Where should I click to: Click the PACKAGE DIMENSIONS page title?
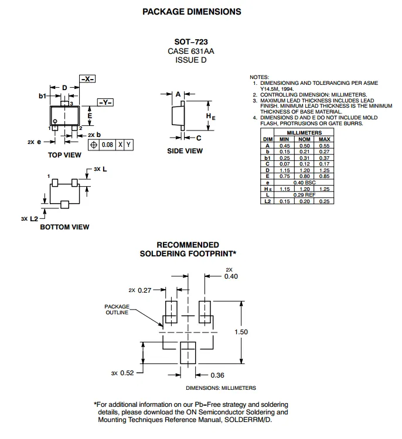point(192,12)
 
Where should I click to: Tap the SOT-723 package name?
point(191,42)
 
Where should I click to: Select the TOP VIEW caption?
point(64,155)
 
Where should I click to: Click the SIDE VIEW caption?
point(185,151)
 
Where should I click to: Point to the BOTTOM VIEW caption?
point(64,227)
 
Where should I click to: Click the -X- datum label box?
point(87,79)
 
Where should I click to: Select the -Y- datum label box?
point(105,102)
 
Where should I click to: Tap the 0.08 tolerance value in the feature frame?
point(107,144)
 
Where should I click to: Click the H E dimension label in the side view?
point(210,116)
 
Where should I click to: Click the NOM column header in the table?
point(304,139)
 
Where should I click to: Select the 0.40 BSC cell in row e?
point(304,183)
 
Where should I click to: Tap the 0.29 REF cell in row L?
point(304,194)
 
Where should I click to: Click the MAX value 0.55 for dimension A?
point(325,145)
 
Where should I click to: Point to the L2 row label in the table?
point(268,201)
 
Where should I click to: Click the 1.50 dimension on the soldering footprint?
point(241,332)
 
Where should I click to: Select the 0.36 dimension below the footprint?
point(217,375)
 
